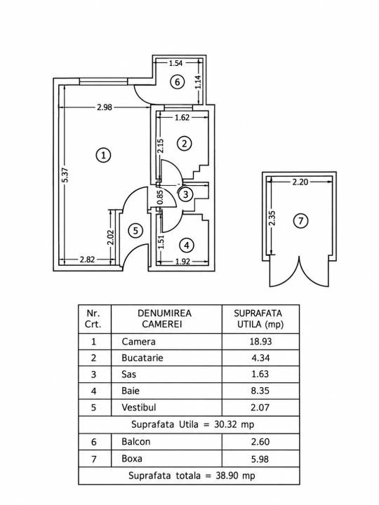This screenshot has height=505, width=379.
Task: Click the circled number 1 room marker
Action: pos(103,155)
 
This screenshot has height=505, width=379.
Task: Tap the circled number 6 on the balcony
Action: pos(178,82)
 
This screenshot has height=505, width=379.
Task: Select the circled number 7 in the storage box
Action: pos(300,221)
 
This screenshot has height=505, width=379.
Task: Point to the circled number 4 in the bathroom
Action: pos(187,245)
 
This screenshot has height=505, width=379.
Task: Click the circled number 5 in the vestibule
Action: pos(135,231)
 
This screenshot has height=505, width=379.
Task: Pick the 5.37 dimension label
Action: pos(66,175)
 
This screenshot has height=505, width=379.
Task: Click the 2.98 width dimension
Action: pos(105,107)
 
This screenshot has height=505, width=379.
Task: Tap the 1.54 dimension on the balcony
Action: pos(176,63)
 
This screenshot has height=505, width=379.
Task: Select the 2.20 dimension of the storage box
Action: pos(300,182)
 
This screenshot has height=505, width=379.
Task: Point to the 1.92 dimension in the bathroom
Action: pos(182,262)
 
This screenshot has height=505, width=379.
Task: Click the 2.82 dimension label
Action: pos(87,260)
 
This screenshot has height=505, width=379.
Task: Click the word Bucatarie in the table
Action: pos(142,358)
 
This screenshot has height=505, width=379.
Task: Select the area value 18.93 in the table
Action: pos(260,342)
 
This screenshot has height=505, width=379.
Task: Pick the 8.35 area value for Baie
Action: pos(260,391)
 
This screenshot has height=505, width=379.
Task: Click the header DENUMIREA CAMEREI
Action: pos(164,318)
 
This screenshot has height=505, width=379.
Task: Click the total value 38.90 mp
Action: pos(235,476)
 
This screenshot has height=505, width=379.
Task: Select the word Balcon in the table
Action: pos(135,441)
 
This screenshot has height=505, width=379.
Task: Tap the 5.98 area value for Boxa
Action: pos(260,459)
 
